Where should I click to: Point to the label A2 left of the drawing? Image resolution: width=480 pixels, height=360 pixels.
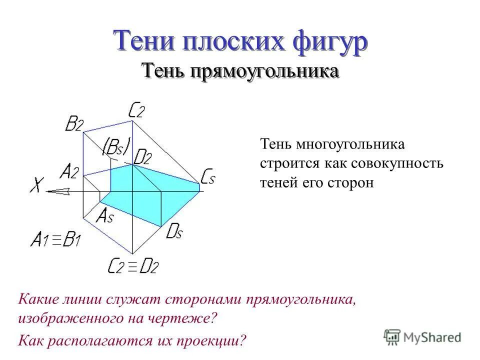pyautogui.click(x=69, y=172)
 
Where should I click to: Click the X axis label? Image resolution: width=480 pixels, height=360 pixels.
pyautogui.click(x=36, y=186)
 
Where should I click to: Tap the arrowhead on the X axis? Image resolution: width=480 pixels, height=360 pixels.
pyautogui.click(x=57, y=191)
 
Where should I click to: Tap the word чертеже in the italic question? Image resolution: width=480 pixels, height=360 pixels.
pyautogui.click(x=179, y=318)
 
